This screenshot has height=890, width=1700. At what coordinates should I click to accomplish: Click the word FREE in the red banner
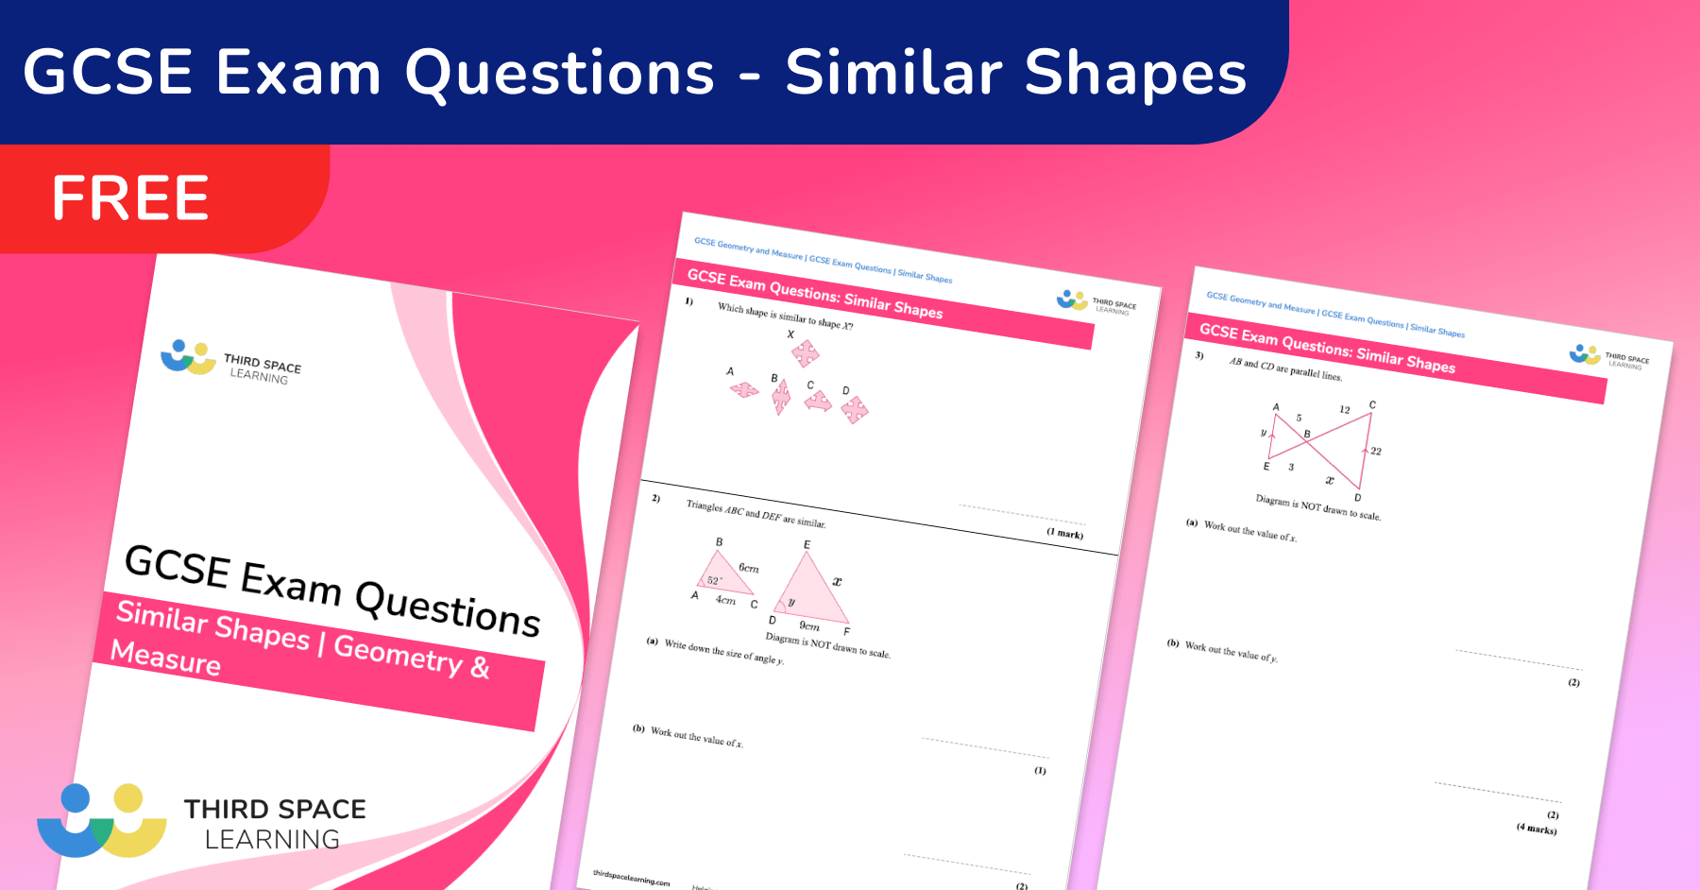click(130, 198)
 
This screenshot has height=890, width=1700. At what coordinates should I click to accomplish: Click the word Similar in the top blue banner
click(893, 74)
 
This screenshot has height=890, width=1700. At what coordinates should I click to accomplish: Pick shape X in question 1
click(805, 354)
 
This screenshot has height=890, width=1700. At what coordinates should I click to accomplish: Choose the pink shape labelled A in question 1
click(744, 388)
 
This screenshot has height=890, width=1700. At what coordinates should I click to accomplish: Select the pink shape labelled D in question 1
click(854, 409)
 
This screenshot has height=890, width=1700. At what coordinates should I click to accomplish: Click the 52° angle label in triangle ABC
click(715, 580)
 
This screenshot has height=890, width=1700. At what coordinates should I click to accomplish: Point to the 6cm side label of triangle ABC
click(748, 568)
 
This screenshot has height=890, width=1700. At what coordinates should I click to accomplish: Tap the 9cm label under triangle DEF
click(809, 625)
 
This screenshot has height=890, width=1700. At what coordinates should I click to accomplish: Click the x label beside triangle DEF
click(837, 581)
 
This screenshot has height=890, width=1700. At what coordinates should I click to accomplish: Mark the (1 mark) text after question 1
click(1064, 534)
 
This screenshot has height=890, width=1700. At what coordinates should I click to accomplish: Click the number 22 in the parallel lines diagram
click(1376, 452)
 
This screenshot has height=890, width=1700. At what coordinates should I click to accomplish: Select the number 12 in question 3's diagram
click(1345, 409)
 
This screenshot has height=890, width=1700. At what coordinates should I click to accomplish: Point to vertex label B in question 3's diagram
click(1307, 435)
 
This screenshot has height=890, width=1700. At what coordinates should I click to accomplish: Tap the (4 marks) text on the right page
click(1537, 829)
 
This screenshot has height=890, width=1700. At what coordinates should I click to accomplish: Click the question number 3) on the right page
click(1199, 355)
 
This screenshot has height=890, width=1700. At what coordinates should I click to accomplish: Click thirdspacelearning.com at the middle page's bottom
click(631, 878)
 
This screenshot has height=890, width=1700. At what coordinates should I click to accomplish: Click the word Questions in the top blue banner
click(560, 74)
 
